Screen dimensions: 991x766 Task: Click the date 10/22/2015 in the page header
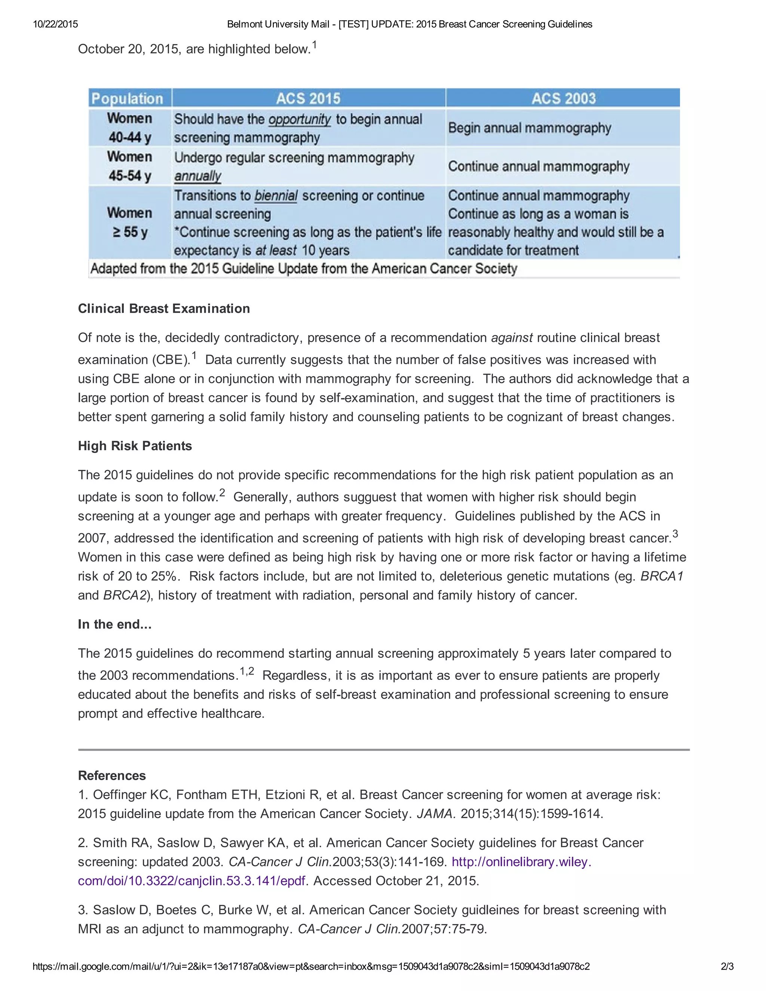(x=55, y=24)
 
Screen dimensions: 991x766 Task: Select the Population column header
(x=127, y=98)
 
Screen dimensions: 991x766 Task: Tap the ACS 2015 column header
(x=308, y=98)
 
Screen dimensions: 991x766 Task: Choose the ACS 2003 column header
(x=563, y=98)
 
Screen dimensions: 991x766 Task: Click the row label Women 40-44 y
(x=130, y=128)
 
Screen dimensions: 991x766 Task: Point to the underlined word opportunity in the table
(x=300, y=119)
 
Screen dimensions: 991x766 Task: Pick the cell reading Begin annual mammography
(x=530, y=128)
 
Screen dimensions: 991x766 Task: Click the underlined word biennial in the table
(x=276, y=196)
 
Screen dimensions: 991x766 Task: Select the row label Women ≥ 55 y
(x=130, y=223)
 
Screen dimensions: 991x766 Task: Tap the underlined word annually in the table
(x=197, y=176)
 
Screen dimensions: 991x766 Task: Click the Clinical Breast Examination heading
(x=164, y=309)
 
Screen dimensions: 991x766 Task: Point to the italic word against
(x=512, y=338)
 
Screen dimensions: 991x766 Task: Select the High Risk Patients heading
(x=135, y=446)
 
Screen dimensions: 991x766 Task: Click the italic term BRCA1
(x=662, y=576)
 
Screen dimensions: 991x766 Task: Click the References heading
(x=111, y=776)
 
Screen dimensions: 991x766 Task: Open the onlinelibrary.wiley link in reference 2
(x=521, y=862)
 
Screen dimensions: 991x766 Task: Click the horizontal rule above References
(x=383, y=749)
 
